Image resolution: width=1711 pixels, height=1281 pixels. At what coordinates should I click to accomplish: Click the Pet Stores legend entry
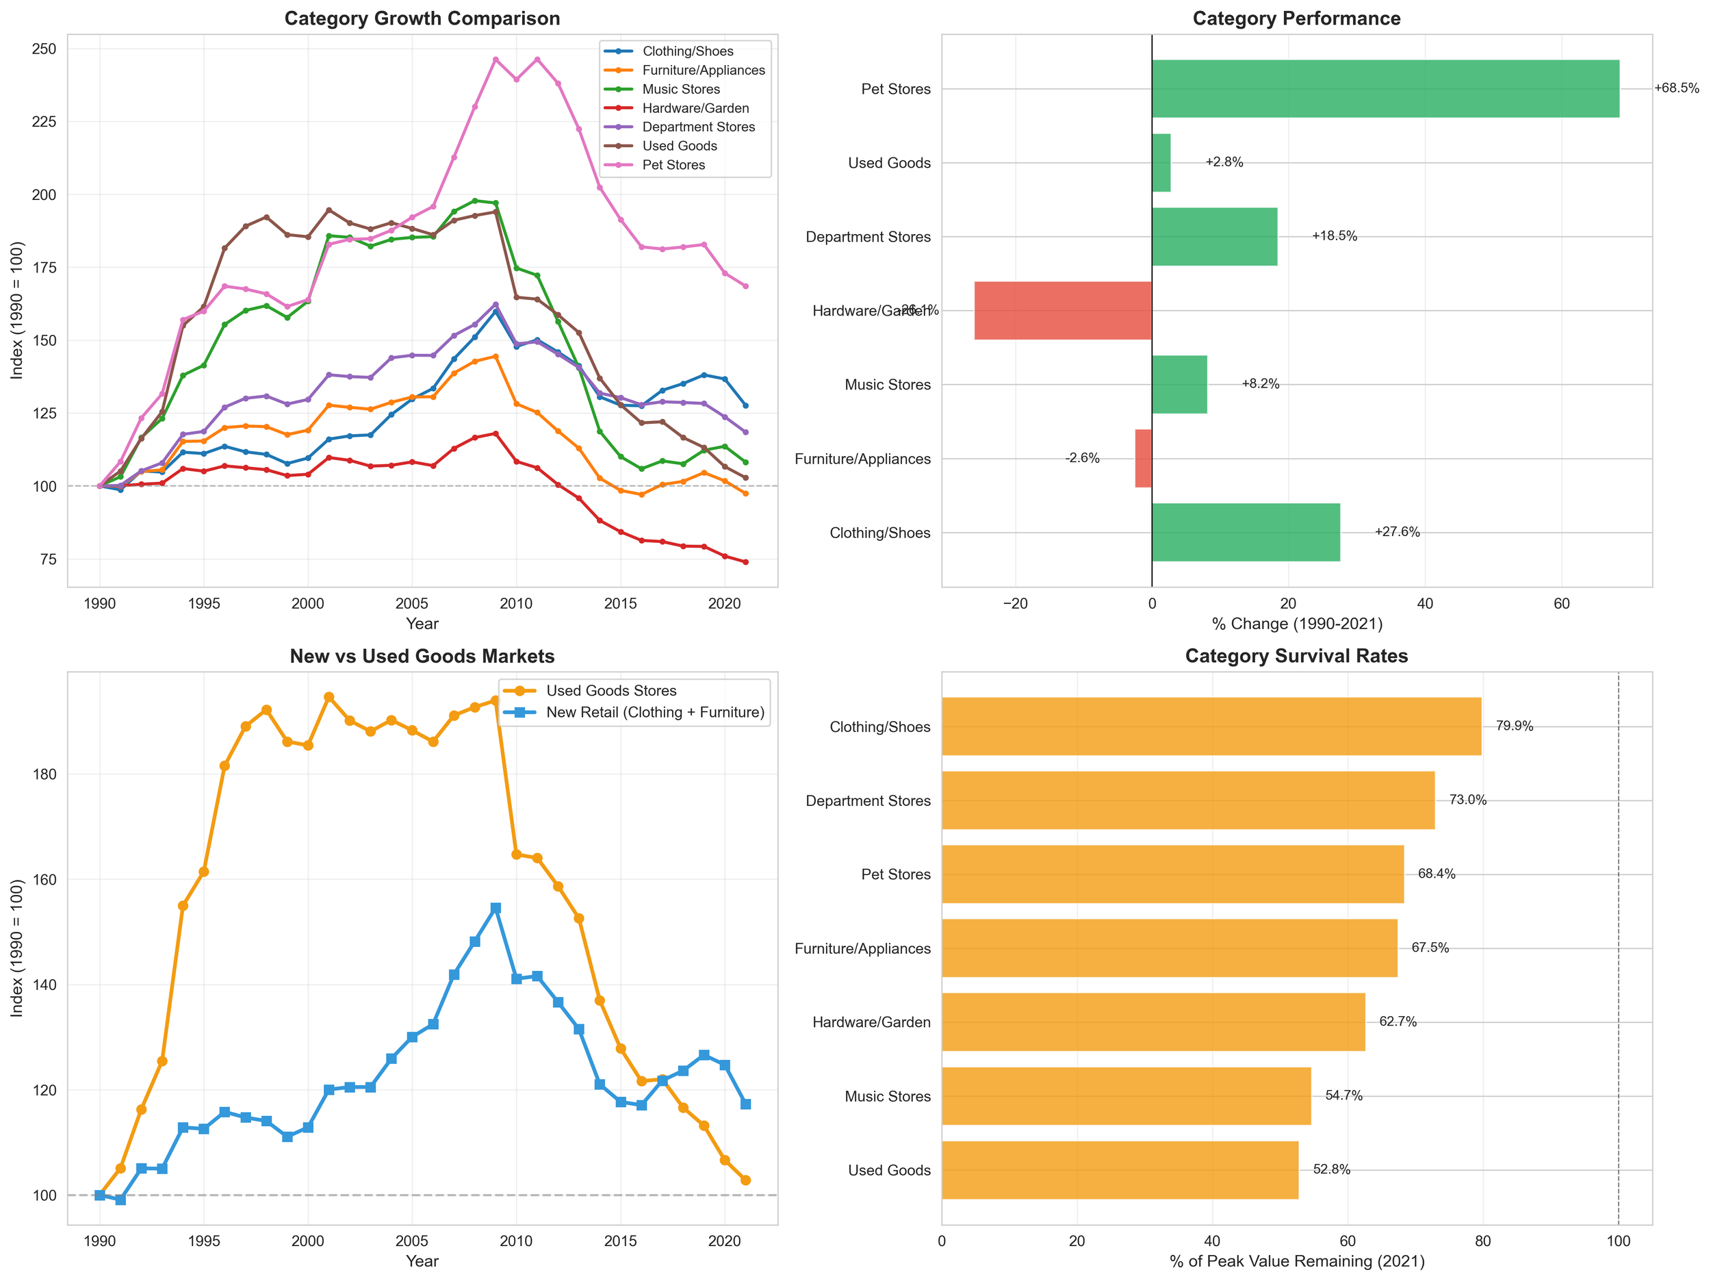[673, 165]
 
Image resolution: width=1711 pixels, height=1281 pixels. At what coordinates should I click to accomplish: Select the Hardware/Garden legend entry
[695, 108]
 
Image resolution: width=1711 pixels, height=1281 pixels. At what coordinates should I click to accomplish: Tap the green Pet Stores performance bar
[1385, 89]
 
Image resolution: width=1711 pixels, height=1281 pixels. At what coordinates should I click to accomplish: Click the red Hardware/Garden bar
[1063, 310]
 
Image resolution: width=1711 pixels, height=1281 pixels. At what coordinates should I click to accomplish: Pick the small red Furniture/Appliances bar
[1143, 458]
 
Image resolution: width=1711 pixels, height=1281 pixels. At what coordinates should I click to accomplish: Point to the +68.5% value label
[1676, 88]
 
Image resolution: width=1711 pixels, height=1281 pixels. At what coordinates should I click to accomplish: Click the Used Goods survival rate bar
[1119, 1169]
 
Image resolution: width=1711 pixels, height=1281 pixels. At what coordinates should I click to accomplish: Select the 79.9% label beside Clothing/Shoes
[1514, 726]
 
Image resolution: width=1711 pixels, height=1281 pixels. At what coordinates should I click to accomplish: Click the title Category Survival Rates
[1296, 657]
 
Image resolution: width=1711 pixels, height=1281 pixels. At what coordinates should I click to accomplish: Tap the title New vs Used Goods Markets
[422, 657]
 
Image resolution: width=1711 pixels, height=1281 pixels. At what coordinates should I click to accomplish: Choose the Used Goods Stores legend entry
[611, 690]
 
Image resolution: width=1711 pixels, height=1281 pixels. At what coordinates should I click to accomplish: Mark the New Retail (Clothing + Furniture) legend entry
[654, 712]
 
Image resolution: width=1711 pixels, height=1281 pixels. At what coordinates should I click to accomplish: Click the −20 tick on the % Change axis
[1015, 604]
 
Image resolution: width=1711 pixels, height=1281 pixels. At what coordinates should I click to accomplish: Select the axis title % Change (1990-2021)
[1296, 624]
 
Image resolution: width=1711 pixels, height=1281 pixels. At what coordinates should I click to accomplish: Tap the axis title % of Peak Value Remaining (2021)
[1296, 1262]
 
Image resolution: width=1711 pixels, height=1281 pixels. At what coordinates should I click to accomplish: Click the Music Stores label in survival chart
[887, 1096]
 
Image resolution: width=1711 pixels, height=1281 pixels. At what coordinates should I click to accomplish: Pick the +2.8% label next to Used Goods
[1224, 162]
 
